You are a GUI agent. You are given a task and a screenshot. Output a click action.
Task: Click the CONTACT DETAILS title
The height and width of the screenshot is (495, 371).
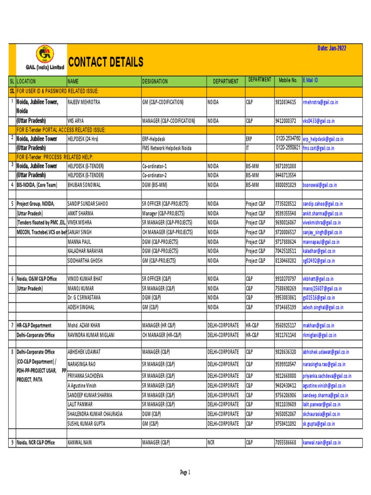tap(105, 62)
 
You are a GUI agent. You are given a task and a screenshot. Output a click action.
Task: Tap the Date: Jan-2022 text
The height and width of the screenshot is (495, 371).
tap(331, 48)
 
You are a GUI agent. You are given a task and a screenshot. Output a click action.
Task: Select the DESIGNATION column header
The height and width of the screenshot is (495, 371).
tap(155, 82)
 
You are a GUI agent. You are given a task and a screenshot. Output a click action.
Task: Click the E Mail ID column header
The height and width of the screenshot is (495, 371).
tap(311, 80)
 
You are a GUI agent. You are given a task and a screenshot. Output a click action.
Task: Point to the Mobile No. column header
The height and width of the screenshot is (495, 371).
tap(288, 80)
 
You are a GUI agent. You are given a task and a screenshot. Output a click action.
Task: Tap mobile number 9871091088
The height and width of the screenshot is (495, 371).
tap(285, 166)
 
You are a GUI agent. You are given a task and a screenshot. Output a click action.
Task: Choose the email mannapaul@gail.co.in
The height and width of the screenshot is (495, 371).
tap(321, 242)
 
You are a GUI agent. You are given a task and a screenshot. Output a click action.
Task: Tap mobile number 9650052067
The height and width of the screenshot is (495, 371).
tap(285, 414)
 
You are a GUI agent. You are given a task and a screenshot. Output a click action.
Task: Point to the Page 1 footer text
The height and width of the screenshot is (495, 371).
tap(185, 472)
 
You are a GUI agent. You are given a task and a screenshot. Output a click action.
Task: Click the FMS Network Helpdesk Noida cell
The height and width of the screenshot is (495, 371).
tap(166, 148)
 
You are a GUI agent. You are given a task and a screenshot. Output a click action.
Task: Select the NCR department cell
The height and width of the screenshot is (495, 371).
tap(211, 442)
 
